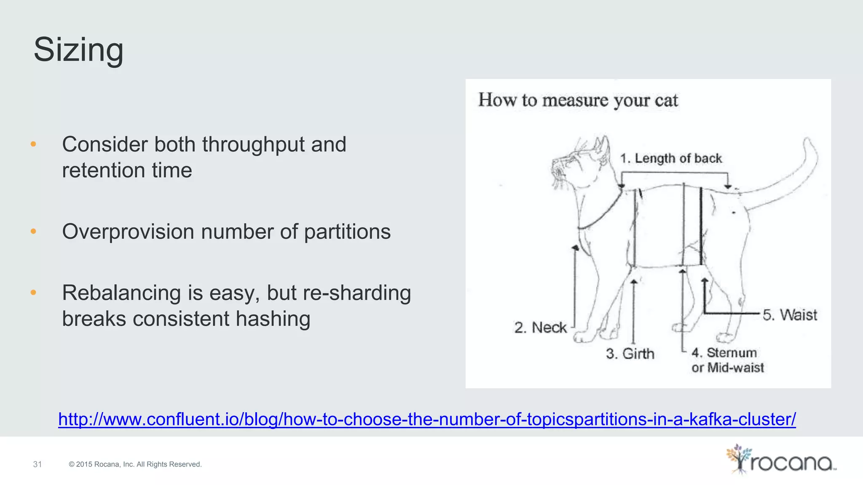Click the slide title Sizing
click(78, 50)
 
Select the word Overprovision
click(128, 232)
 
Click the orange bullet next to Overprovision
click(34, 232)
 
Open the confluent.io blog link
click(426, 419)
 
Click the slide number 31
click(38, 464)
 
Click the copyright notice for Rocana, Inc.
click(135, 464)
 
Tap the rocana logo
click(780, 460)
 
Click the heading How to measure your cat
click(578, 100)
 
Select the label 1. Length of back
click(670, 158)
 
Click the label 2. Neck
click(540, 328)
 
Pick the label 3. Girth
click(630, 354)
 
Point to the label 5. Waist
click(789, 315)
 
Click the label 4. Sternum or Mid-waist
click(727, 360)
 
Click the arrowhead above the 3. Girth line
click(633, 281)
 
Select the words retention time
click(127, 171)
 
